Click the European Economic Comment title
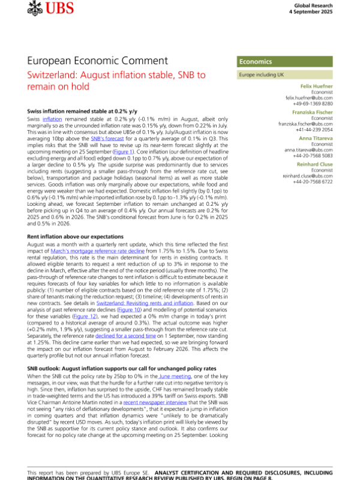click(98, 61)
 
